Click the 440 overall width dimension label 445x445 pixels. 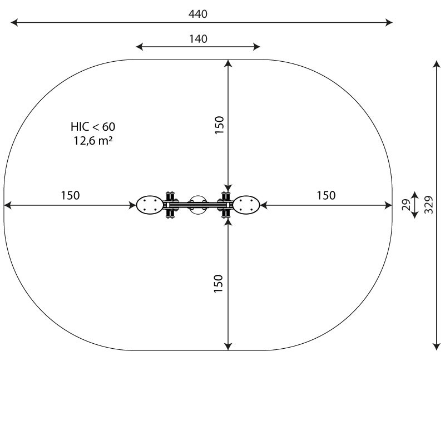(198, 14)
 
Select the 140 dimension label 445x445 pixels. (198, 38)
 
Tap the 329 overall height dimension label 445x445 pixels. (428, 205)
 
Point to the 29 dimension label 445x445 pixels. (406, 205)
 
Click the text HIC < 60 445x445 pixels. (93, 127)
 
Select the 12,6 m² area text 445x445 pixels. (93, 141)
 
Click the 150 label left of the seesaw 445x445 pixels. (71, 195)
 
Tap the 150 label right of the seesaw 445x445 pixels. (326, 195)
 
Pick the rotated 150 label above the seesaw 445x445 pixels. (219, 125)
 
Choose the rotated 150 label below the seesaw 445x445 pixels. (218, 284)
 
